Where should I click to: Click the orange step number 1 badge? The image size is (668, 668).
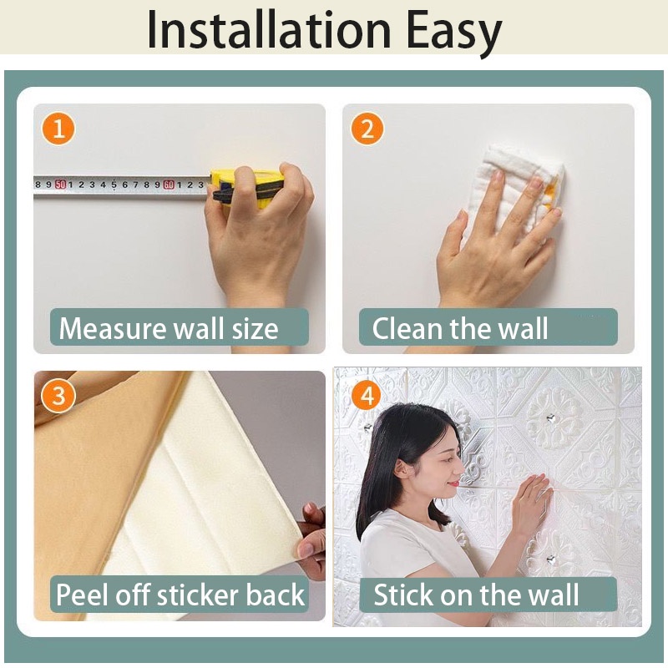58,129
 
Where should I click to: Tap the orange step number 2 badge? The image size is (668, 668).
367,129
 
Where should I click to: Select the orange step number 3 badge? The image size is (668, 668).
58,395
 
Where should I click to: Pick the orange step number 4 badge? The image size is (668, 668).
367,395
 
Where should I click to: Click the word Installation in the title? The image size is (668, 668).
269,31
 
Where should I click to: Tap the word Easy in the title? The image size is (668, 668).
453,33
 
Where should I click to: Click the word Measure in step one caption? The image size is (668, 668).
114,328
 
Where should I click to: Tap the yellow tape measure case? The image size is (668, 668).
247,188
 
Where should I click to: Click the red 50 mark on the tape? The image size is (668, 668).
60,185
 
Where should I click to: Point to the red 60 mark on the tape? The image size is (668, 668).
170,185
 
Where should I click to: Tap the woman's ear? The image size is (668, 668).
402,469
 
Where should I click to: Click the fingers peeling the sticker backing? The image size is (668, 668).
310,539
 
